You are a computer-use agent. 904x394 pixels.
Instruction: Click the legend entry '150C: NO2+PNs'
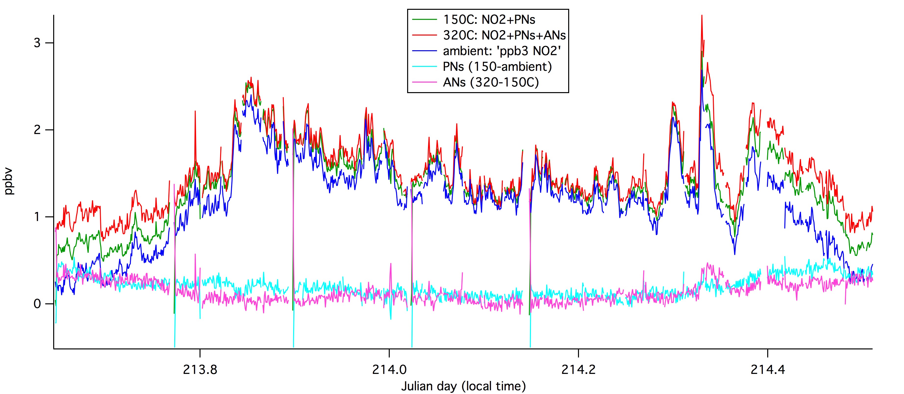(489, 20)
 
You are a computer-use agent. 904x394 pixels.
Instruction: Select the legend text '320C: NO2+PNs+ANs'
(504, 35)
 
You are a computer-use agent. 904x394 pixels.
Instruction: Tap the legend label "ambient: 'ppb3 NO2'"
(502, 51)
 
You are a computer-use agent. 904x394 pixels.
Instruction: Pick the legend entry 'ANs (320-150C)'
(490, 82)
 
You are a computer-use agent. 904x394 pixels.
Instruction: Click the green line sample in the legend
(424, 20)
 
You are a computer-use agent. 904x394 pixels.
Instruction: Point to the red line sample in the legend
(424, 35)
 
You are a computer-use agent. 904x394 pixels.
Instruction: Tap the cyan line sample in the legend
(424, 66)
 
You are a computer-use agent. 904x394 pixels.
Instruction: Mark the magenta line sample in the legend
(424, 82)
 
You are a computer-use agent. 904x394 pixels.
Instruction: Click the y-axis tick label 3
(37, 43)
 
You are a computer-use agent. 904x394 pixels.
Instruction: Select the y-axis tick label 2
(37, 130)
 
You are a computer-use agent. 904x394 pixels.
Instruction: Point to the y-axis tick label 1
(37, 217)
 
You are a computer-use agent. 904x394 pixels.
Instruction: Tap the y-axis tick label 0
(37, 304)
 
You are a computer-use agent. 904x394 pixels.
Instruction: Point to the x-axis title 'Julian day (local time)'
(463, 386)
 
